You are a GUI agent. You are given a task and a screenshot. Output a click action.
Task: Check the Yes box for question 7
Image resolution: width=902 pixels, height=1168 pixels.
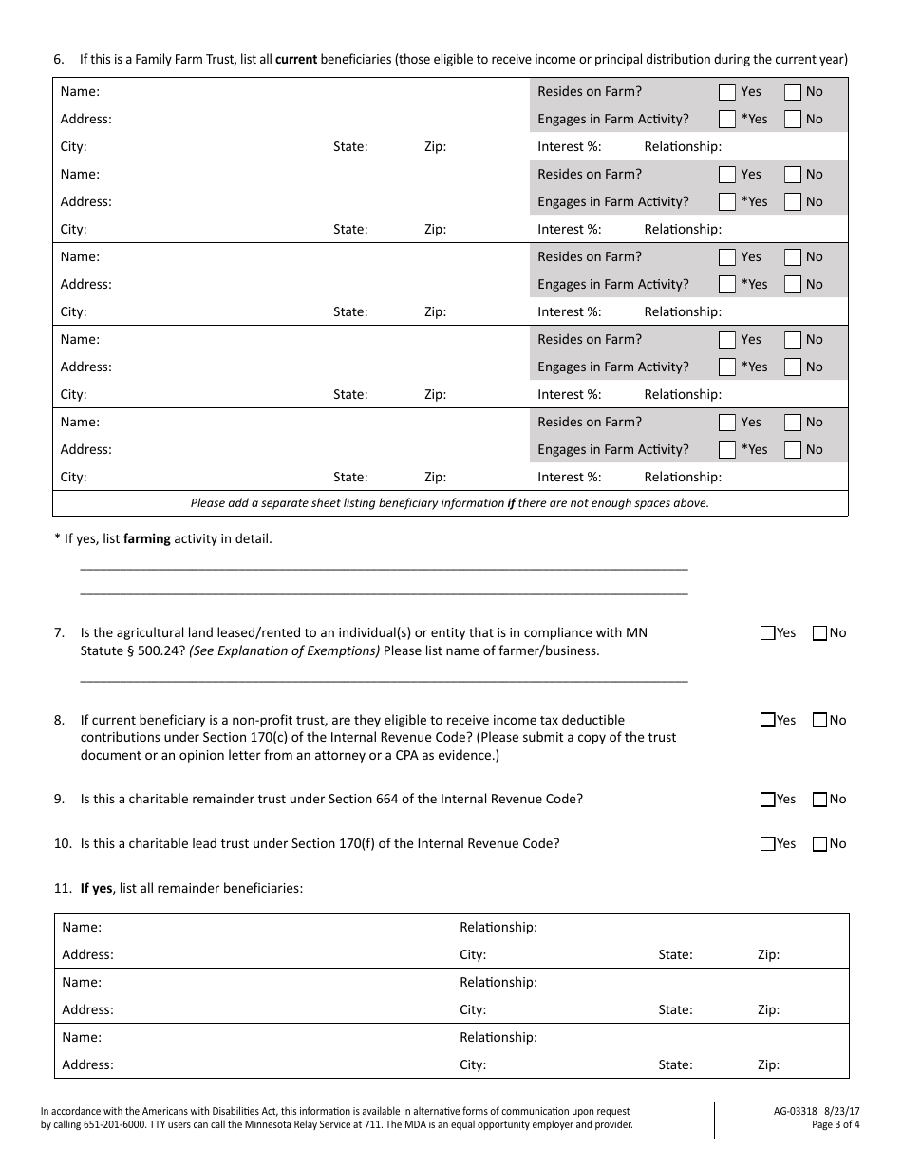coord(768,633)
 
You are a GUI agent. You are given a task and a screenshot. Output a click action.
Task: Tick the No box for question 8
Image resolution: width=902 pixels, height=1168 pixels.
coord(820,721)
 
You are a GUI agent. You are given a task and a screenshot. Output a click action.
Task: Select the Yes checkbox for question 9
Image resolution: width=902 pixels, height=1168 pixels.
coord(768,800)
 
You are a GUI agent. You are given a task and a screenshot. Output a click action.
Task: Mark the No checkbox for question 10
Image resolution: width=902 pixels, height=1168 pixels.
coord(820,844)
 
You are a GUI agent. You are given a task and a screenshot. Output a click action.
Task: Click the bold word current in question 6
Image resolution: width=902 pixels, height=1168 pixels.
coord(296,59)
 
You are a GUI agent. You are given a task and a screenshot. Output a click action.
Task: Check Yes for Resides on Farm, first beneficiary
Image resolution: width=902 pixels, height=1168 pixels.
coord(727,92)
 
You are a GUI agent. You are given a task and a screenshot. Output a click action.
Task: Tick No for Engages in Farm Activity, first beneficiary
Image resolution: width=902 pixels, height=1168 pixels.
coord(793,120)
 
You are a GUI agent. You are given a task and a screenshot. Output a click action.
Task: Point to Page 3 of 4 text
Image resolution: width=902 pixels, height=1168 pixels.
coord(836,1125)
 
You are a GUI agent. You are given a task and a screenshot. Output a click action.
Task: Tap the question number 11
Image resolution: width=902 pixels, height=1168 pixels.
coord(62,888)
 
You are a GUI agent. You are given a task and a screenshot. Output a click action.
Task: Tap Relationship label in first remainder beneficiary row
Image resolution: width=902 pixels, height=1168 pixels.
coord(498,927)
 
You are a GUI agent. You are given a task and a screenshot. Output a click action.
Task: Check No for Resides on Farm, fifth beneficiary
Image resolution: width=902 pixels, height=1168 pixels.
coord(793,423)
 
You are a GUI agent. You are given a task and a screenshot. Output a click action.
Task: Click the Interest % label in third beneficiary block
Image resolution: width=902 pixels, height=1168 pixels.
coord(569,311)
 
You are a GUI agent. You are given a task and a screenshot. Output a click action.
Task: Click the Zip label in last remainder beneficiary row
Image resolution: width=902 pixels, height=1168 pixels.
coord(768,1064)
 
